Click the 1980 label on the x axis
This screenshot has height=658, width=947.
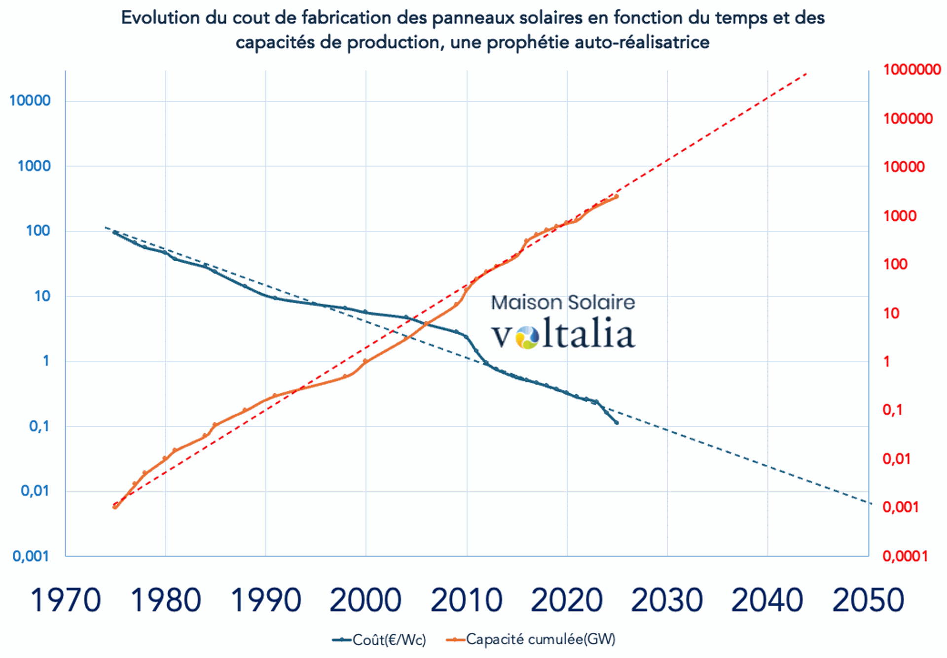point(166,600)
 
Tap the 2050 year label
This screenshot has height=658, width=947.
point(868,600)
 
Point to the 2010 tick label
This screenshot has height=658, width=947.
point(466,600)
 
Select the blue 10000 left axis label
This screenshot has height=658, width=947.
point(30,101)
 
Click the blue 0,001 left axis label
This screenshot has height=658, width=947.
point(31,556)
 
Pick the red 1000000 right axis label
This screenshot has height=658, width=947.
point(912,69)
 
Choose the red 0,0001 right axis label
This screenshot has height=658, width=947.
point(905,556)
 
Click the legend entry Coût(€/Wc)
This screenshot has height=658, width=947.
point(389,640)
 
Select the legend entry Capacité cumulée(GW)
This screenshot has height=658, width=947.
point(540,639)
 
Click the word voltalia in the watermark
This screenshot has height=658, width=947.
point(563,334)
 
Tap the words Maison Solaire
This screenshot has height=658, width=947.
point(563,302)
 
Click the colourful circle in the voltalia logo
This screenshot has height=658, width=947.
point(527,338)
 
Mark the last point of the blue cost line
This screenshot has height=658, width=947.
point(617,422)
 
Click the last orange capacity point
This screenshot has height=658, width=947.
point(617,197)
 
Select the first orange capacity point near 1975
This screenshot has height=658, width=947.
point(115,507)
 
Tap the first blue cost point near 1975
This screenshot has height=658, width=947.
point(115,232)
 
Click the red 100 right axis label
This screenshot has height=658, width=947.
point(895,264)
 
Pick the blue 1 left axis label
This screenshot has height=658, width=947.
point(46,361)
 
